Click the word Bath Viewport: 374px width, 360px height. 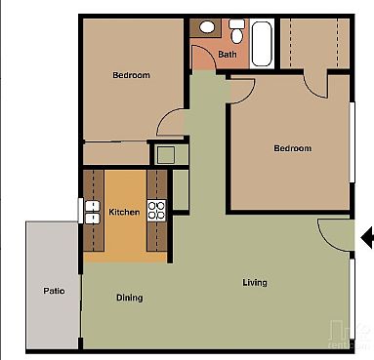228,55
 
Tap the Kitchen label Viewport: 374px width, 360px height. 123,212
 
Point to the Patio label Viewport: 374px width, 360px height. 54,291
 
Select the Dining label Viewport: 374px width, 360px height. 130,298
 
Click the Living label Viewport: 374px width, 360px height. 255,283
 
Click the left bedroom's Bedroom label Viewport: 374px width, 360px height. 131,75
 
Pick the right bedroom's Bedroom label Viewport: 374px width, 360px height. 292,148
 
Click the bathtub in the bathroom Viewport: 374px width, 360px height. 262,43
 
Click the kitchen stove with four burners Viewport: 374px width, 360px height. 156,208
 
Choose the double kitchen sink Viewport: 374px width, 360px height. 93,208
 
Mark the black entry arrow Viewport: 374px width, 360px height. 367,237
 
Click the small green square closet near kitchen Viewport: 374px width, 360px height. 165,153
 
